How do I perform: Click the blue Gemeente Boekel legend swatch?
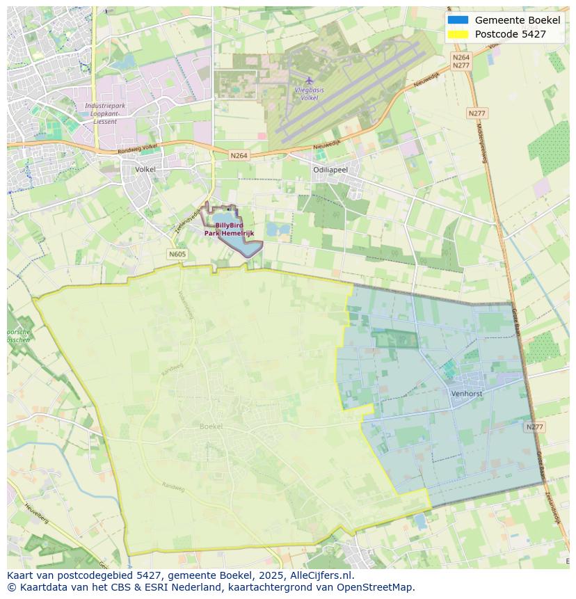tap(458, 20)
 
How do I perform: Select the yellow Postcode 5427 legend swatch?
tap(458, 34)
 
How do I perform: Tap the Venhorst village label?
tap(466, 393)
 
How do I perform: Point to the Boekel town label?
tap(211, 426)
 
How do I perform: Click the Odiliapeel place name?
tap(330, 170)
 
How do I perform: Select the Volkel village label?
tap(145, 169)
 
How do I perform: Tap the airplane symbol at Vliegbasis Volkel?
tap(310, 81)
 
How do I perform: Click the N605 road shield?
tap(177, 254)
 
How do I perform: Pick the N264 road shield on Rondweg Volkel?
tap(239, 156)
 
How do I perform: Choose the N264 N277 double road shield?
tap(461, 61)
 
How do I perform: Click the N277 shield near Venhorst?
tap(534, 427)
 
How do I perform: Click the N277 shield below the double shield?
tap(477, 113)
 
